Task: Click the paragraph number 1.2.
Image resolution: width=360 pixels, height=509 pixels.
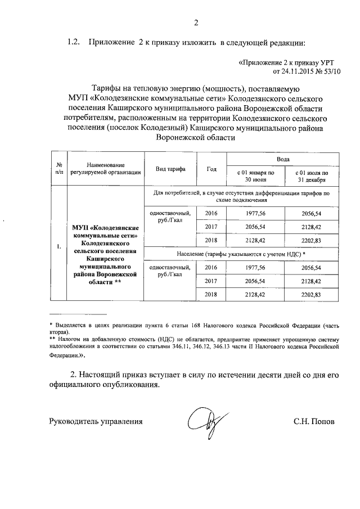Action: click(x=75, y=42)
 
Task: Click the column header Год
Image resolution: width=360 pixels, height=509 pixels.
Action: click(x=211, y=169)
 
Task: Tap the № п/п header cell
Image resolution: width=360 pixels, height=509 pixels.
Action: click(x=59, y=169)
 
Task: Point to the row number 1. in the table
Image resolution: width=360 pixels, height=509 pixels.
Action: click(x=59, y=246)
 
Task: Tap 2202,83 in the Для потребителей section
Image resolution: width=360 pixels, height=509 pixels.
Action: click(x=312, y=240)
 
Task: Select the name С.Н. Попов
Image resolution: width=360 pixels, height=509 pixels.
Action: click(x=313, y=421)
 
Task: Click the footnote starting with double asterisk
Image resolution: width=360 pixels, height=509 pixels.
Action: click(x=195, y=348)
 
